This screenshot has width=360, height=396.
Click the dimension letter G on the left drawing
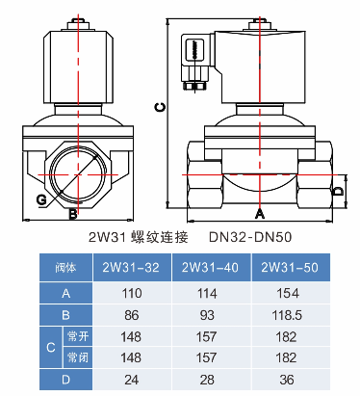(x=41, y=199)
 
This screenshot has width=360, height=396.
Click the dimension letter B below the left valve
(x=73, y=211)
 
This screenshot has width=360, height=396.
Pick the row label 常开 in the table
(x=76, y=335)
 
